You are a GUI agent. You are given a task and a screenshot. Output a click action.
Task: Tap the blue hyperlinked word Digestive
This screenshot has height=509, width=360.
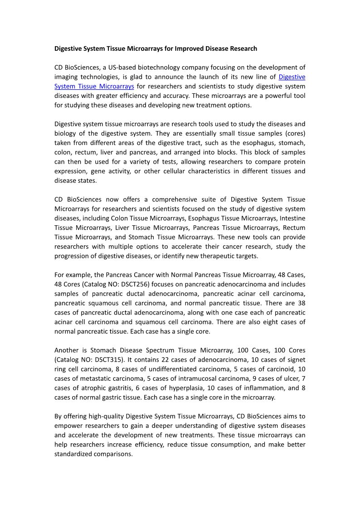tap(292, 77)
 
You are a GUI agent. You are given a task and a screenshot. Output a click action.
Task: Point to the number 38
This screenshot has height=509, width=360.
tap(301, 303)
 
